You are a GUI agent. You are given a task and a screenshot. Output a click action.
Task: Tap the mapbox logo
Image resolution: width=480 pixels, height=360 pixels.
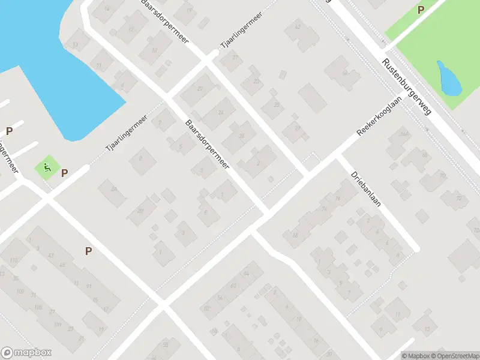[x=26, y=353]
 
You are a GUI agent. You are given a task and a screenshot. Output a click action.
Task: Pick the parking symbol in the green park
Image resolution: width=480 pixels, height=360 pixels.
[x=421, y=10]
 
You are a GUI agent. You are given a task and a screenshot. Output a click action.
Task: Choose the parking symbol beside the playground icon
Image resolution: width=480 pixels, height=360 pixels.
[x=64, y=173]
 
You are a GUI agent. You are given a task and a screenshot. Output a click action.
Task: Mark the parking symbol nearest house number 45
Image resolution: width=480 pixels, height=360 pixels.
[x=88, y=251]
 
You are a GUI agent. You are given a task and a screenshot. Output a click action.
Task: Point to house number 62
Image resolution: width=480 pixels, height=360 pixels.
[x=296, y=27]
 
